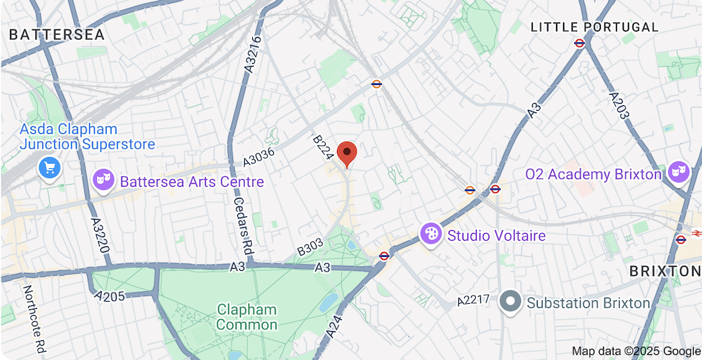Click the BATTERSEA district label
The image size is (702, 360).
[57, 34]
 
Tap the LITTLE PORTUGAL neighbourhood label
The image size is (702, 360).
[595, 27]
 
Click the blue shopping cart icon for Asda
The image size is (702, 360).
[50, 168]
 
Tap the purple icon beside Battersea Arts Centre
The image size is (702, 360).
[104, 181]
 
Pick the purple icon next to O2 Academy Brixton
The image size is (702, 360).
[679, 173]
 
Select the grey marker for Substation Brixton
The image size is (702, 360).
[510, 302]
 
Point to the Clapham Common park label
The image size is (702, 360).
[246, 317]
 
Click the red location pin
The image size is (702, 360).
[347, 154]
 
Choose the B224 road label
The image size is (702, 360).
[322, 148]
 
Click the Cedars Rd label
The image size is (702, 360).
[242, 223]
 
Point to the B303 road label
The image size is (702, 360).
[310, 247]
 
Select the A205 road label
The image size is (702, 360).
[110, 295]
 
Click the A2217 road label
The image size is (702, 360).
[473, 300]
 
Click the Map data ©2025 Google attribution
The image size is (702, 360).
[636, 351]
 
